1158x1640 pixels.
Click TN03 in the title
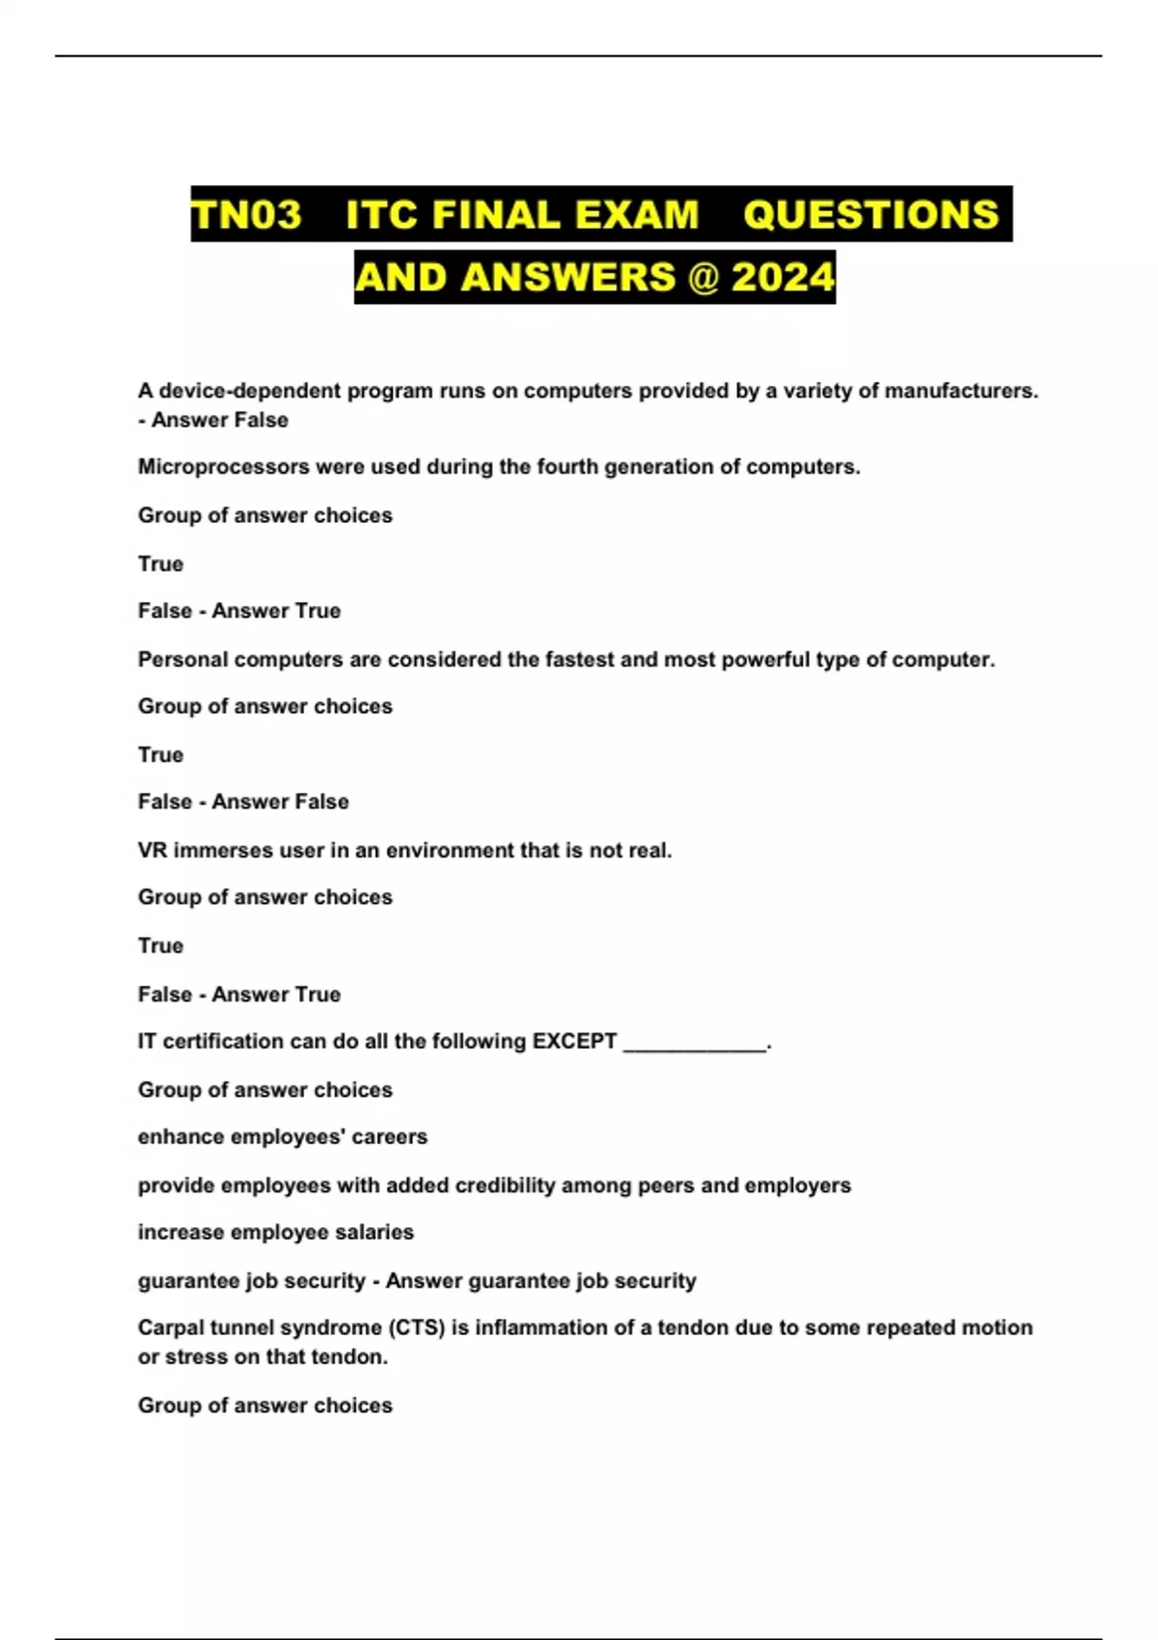tap(247, 214)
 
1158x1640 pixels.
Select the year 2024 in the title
tap(783, 278)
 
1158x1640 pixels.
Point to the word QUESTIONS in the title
tap(871, 214)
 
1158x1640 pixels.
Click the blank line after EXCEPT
tap(695, 1044)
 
